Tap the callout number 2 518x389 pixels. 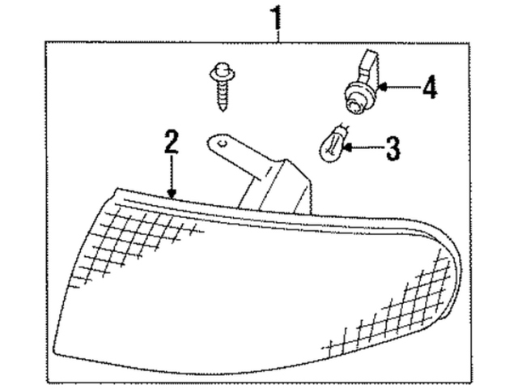pos(170,143)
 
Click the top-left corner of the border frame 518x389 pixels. pos(48,42)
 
